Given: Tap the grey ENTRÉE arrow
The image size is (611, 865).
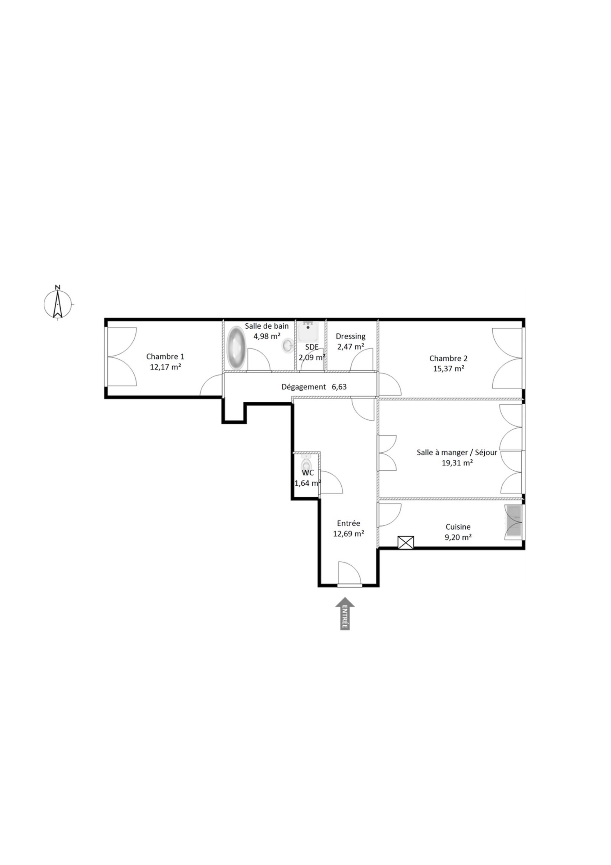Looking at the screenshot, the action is pyautogui.click(x=345, y=613).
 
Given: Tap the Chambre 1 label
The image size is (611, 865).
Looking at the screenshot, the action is pyautogui.click(x=165, y=356).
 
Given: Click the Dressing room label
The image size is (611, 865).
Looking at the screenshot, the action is pyautogui.click(x=350, y=336).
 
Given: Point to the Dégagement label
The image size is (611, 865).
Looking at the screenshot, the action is pyautogui.click(x=303, y=387).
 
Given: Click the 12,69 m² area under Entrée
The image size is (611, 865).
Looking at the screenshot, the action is pyautogui.click(x=348, y=534).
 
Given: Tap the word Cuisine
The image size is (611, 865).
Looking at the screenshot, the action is pyautogui.click(x=458, y=527).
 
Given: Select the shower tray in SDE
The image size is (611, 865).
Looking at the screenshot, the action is pyautogui.click(x=308, y=331).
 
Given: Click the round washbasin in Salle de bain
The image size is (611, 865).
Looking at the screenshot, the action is pyautogui.click(x=288, y=345).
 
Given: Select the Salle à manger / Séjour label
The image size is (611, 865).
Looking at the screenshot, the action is pyautogui.click(x=457, y=452).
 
